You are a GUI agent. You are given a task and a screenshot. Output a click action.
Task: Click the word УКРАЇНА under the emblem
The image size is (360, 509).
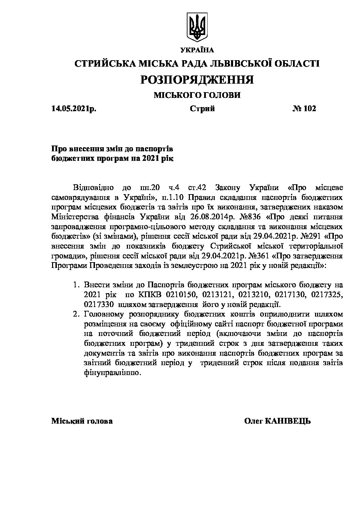(x=197, y=50)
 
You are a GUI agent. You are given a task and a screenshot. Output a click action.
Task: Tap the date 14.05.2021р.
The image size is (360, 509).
(x=74, y=108)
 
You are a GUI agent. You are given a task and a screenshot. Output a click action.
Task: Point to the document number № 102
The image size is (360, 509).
(x=304, y=108)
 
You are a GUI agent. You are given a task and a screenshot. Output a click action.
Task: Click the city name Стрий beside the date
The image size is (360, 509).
(x=202, y=108)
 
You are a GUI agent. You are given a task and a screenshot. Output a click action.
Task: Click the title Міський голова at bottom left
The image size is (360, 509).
(x=82, y=421)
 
